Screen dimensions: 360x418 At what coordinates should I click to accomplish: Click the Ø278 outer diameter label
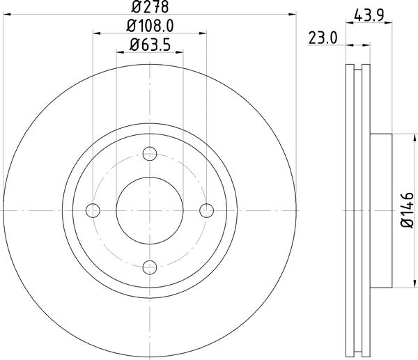pos(149,7)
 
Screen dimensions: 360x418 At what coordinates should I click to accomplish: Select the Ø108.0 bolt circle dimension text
pos(149,26)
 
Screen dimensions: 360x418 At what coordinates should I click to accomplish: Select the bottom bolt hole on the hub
pos(149,266)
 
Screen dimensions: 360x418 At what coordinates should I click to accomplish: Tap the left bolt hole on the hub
pos(93,210)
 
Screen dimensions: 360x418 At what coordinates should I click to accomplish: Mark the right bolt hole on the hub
pos(206,210)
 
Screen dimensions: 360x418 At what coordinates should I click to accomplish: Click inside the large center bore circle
pos(149,210)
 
